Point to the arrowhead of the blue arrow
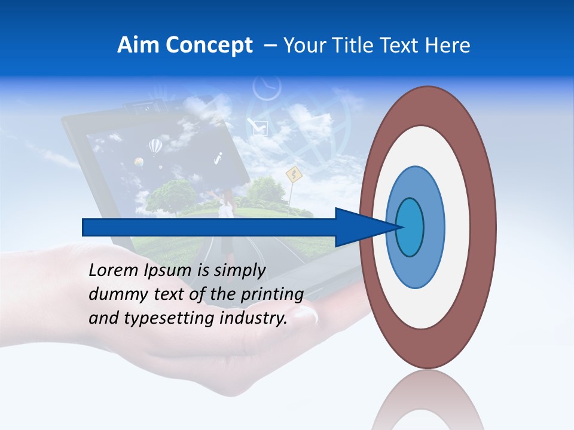[365, 227]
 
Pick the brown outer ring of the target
[484, 227]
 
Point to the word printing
[273, 294]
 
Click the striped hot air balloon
[155, 146]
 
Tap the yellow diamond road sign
[293, 175]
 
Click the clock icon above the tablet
[267, 88]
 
